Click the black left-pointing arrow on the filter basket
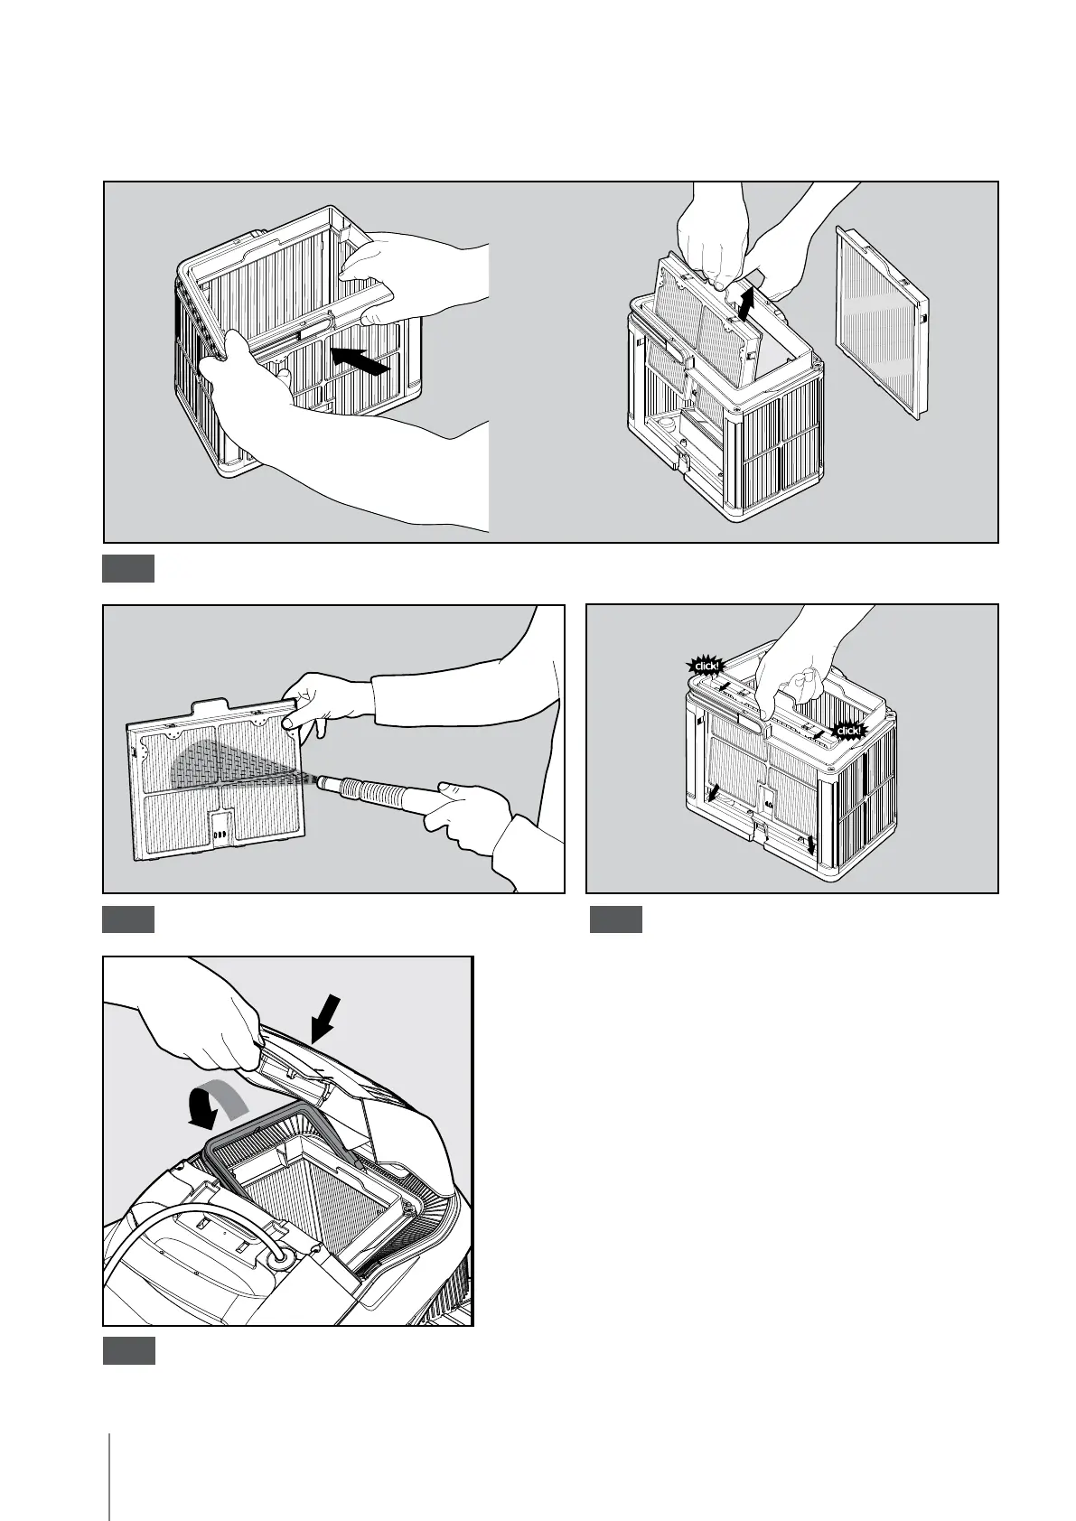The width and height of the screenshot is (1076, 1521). [360, 359]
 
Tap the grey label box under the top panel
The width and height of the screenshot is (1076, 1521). [128, 569]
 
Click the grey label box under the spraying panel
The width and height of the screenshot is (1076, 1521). [128, 919]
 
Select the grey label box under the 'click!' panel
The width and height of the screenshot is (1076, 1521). [616, 919]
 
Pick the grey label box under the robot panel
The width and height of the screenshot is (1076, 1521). [128, 1351]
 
